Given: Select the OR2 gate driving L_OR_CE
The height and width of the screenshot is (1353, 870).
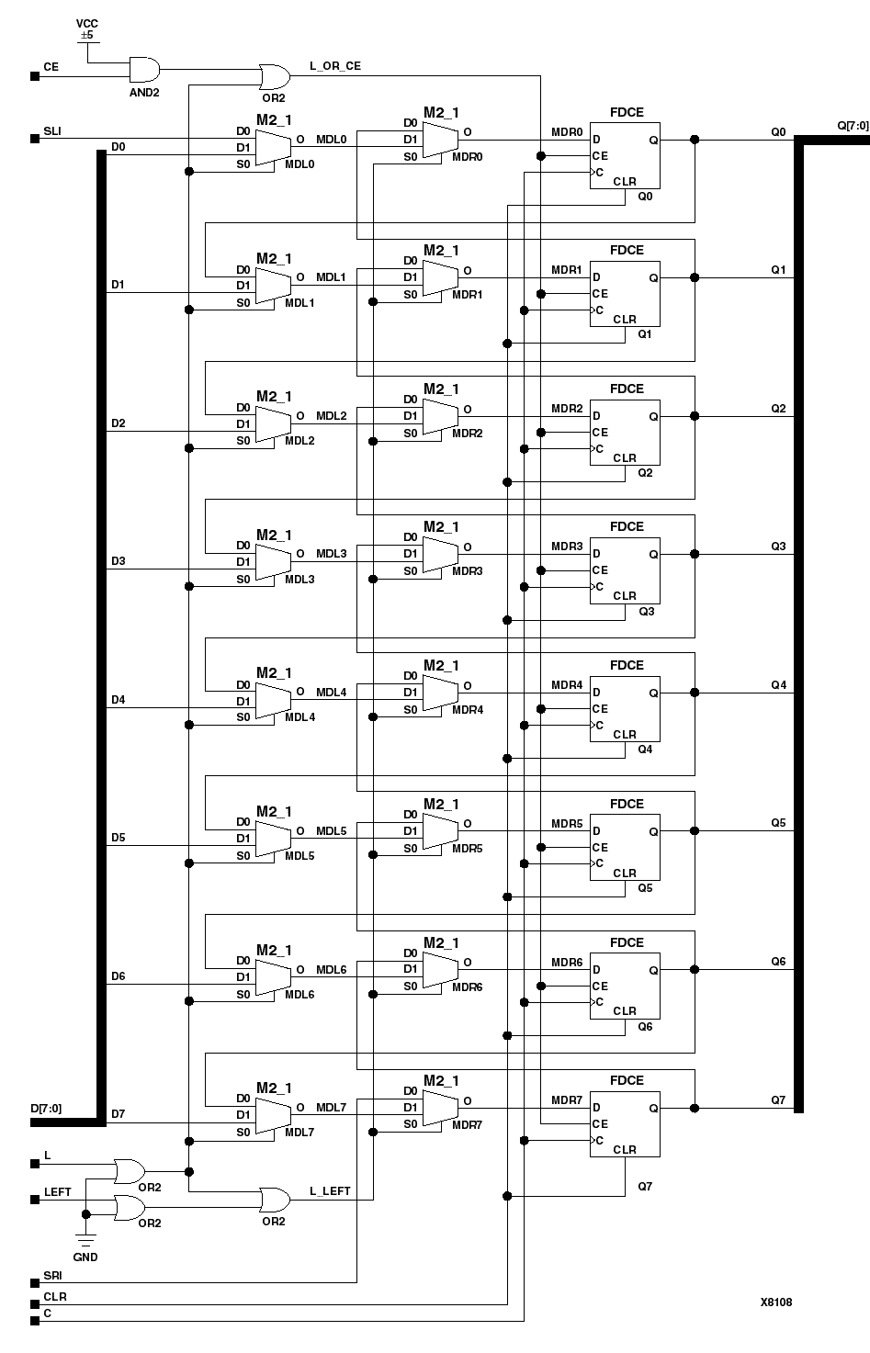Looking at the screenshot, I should tap(272, 76).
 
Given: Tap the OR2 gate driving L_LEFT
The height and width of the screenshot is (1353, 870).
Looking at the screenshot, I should tap(273, 1199).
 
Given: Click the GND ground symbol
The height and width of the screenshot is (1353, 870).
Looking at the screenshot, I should tap(85, 1241).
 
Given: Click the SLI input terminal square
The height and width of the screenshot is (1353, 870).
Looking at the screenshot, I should tap(35, 140).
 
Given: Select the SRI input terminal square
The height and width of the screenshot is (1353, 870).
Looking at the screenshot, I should tap(35, 1283).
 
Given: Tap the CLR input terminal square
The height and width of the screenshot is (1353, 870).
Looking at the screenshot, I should tap(35, 1304).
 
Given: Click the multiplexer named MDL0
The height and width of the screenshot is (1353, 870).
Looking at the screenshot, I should tap(271, 147).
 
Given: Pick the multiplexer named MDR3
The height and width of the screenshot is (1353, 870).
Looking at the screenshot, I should tap(438, 554).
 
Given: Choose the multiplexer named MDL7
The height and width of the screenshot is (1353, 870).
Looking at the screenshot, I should tap(271, 1115).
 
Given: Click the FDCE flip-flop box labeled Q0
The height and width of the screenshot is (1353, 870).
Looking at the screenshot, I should tap(625, 155).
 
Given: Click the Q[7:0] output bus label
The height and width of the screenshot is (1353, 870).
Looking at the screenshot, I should tap(852, 124).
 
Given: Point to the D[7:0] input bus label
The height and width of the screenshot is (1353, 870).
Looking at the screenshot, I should tap(46, 1109).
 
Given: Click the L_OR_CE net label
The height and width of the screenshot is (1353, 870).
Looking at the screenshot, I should tap(336, 67).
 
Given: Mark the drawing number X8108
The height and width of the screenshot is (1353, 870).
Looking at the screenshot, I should tap(775, 1302).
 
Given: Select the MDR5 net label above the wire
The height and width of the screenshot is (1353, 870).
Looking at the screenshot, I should tap(567, 823).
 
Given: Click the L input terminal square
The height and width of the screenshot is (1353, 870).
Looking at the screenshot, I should tap(35, 1164).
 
